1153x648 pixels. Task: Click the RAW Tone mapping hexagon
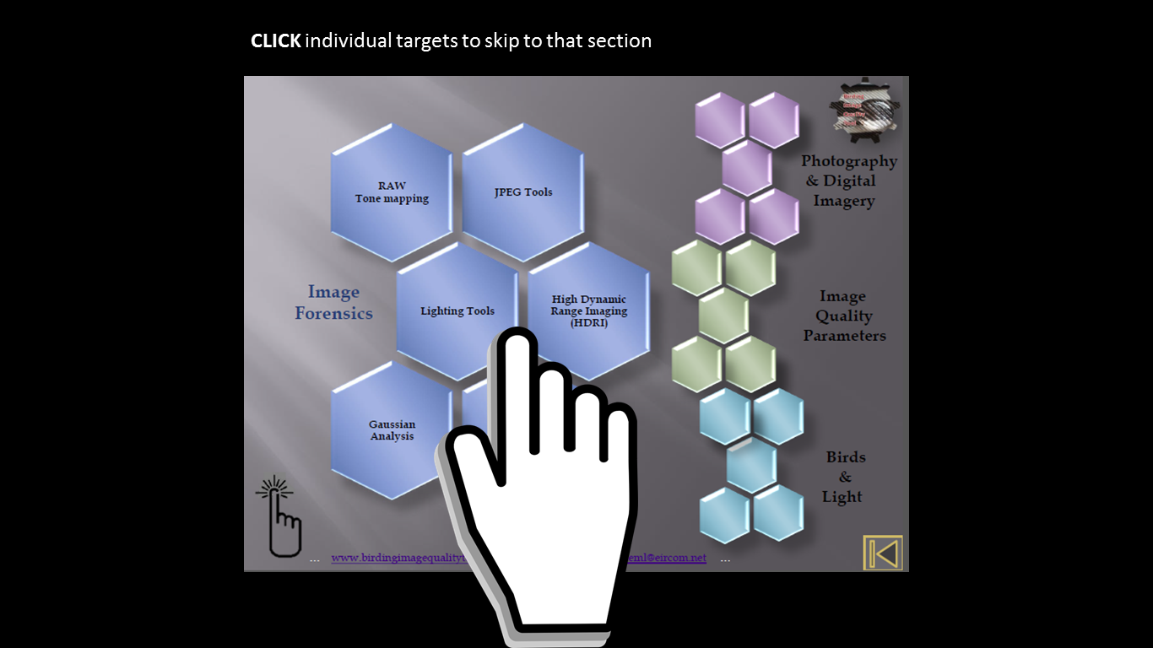pos(392,192)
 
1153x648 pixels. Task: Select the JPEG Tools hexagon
pos(523,192)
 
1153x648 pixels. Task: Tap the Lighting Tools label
pos(457,310)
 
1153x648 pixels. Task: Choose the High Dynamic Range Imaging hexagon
pos(589,310)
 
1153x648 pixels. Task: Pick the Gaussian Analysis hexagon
pos(392,430)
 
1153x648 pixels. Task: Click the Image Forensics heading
pos(333,302)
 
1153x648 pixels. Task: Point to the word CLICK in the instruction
pos(275,40)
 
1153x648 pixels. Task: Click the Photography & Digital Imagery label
pos(847,181)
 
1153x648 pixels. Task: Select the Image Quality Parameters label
pos(844,316)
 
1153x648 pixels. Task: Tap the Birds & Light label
pos(844,477)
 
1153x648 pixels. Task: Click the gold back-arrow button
pos(883,553)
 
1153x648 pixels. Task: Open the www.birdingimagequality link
pos(398,558)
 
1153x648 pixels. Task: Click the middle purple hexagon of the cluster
pos(747,168)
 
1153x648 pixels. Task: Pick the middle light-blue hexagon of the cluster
pos(751,466)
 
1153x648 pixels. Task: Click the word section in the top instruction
pos(620,40)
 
